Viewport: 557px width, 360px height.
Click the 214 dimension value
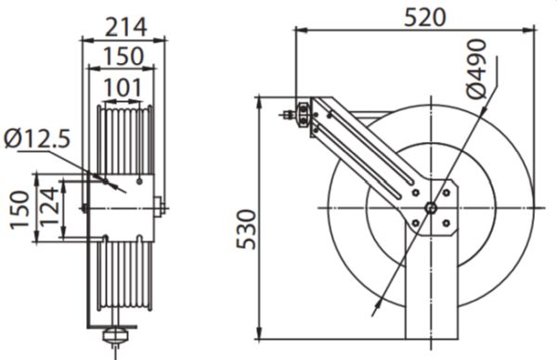pyautogui.click(x=125, y=27)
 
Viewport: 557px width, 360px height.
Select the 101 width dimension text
pyautogui.click(x=123, y=88)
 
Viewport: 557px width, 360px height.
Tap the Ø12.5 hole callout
pyautogui.click(x=37, y=138)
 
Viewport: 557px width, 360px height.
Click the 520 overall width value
pyautogui.click(x=425, y=18)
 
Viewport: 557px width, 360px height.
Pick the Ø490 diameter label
pyautogui.click(x=476, y=69)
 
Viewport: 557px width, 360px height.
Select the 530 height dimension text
pyautogui.click(x=246, y=229)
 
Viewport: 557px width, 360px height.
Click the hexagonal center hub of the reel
pyautogui.click(x=431, y=208)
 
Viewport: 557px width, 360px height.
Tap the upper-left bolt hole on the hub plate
pyautogui.click(x=415, y=193)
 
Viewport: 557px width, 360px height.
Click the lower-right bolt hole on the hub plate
pyautogui.click(x=447, y=223)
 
